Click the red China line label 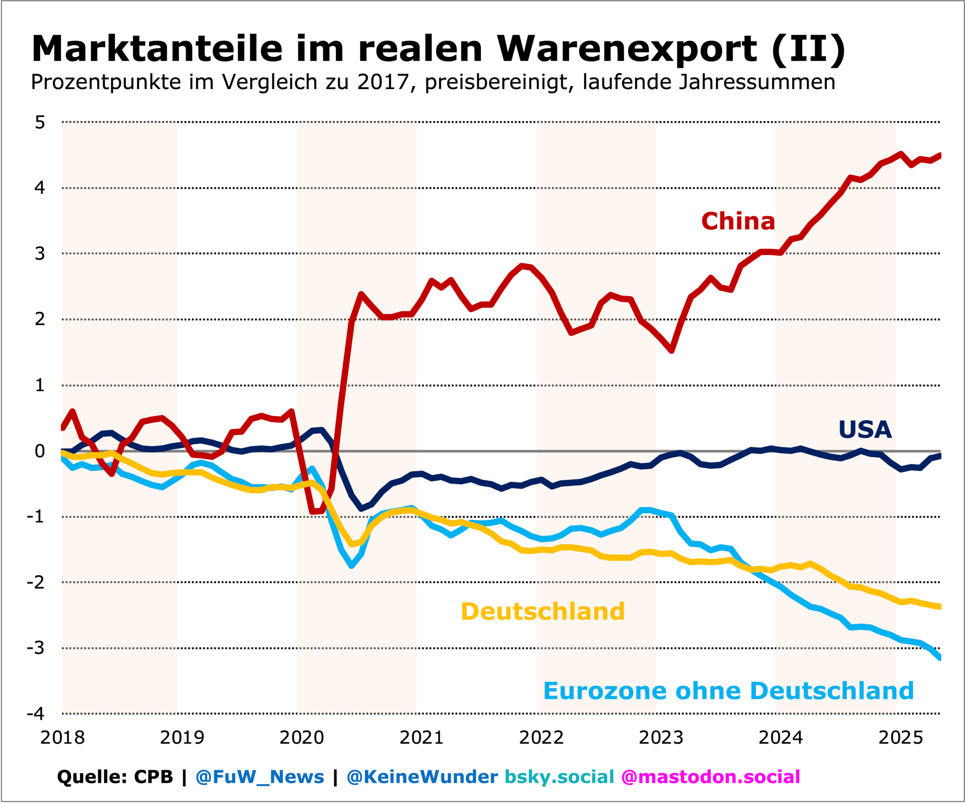coord(738,221)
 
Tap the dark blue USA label coord(865,430)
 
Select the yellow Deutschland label coord(543,611)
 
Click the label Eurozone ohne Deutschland coord(728,691)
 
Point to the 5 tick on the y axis coord(40,122)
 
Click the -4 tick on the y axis coord(36,714)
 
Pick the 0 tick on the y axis coord(40,451)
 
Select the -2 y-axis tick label coord(36,582)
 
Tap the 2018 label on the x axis coord(62,738)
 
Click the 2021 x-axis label coord(422,738)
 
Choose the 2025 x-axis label coord(900,738)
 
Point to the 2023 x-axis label coord(661,738)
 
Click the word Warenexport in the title coord(627,49)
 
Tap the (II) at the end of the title coord(809,49)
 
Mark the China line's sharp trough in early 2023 coord(671,350)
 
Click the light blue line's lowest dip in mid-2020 coord(352,565)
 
